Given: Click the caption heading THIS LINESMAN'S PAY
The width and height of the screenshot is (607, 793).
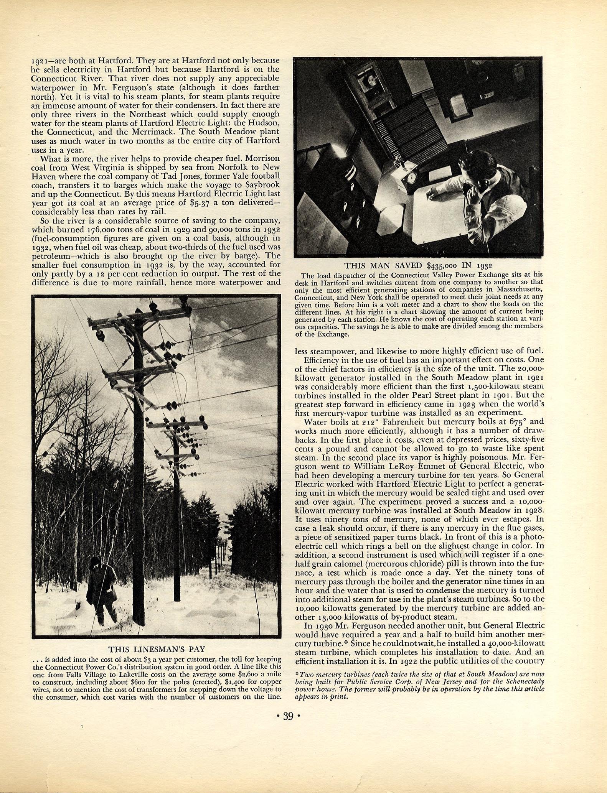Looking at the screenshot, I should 157,649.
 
